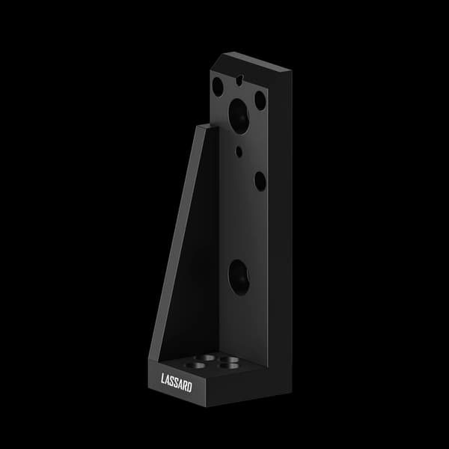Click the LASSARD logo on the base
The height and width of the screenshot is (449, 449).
click(x=177, y=382)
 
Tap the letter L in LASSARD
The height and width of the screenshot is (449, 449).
click(x=163, y=379)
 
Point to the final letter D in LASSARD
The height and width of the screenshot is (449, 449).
click(x=189, y=387)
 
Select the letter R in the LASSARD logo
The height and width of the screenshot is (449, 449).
click(x=185, y=385)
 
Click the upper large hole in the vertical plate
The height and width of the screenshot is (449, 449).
click(x=239, y=116)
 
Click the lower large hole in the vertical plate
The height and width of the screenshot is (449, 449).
click(x=239, y=278)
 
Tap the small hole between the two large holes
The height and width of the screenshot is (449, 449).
click(x=239, y=152)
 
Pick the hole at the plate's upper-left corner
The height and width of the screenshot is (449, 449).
click(x=218, y=87)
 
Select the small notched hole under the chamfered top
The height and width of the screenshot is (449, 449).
click(x=239, y=81)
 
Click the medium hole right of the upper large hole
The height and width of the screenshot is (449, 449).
click(x=260, y=101)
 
